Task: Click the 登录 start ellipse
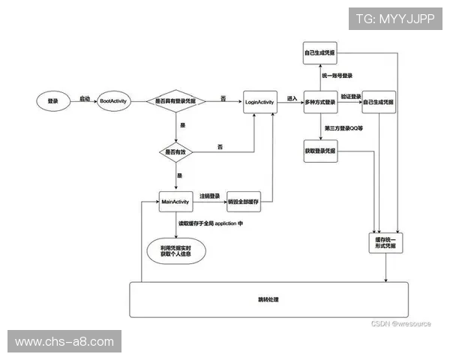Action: pyautogui.click(x=52, y=100)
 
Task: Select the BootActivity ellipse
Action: pyautogui.click(x=116, y=100)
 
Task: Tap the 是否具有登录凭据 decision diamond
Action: pyautogui.click(x=175, y=100)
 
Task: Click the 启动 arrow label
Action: pyautogui.click(x=85, y=98)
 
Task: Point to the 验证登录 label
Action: pyautogui.click(x=350, y=96)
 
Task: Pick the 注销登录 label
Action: pyautogui.click(x=209, y=196)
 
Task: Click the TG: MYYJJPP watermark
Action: pyautogui.click(x=395, y=18)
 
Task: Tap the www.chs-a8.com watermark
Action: pyautogui.click(x=64, y=342)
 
